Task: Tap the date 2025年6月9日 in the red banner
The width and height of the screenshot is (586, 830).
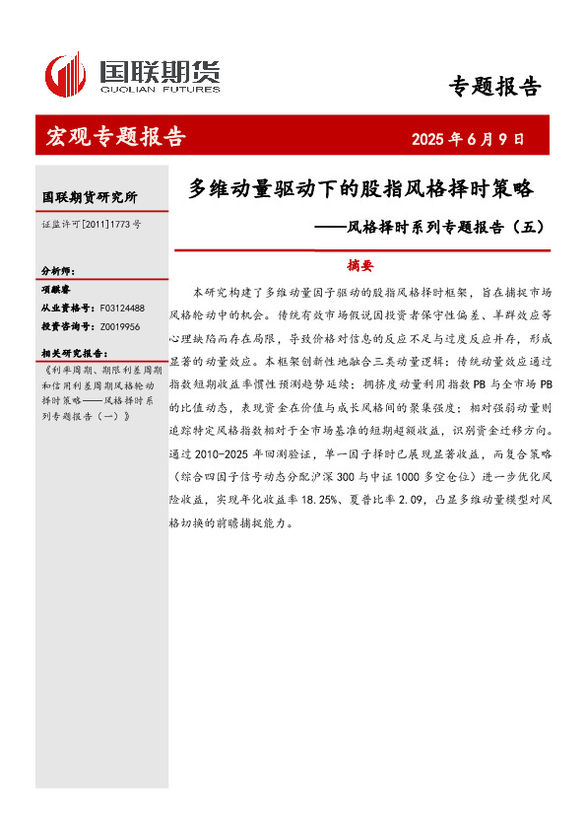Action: (467, 139)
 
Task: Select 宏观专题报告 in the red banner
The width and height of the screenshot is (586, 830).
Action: (116, 137)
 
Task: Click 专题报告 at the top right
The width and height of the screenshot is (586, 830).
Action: (494, 87)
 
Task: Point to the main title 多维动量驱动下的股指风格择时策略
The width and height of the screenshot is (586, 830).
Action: (359, 188)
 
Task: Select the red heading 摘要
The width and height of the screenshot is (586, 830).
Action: (361, 265)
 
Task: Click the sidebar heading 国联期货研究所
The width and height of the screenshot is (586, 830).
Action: (90, 197)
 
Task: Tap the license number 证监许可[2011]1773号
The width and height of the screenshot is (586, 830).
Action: (91, 225)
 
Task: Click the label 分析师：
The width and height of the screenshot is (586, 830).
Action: (58, 271)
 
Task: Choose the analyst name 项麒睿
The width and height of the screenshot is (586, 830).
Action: (57, 290)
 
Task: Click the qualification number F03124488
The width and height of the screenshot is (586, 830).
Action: (122, 309)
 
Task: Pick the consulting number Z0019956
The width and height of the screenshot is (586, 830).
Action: (120, 326)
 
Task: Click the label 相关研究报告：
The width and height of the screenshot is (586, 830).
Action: (73, 352)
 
